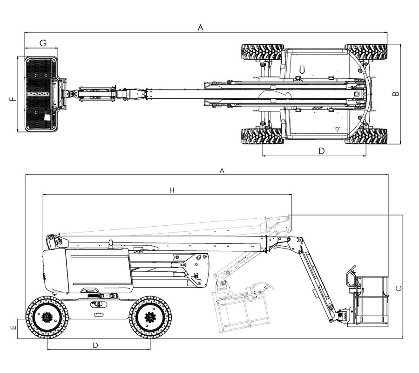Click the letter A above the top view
[x=201, y=28]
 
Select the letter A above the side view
[x=222, y=171]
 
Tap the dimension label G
[x=43, y=43]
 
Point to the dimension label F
[x=13, y=98]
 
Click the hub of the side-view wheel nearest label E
[x=47, y=318]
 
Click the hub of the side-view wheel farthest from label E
[x=150, y=318]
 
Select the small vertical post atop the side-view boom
[x=111, y=244]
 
